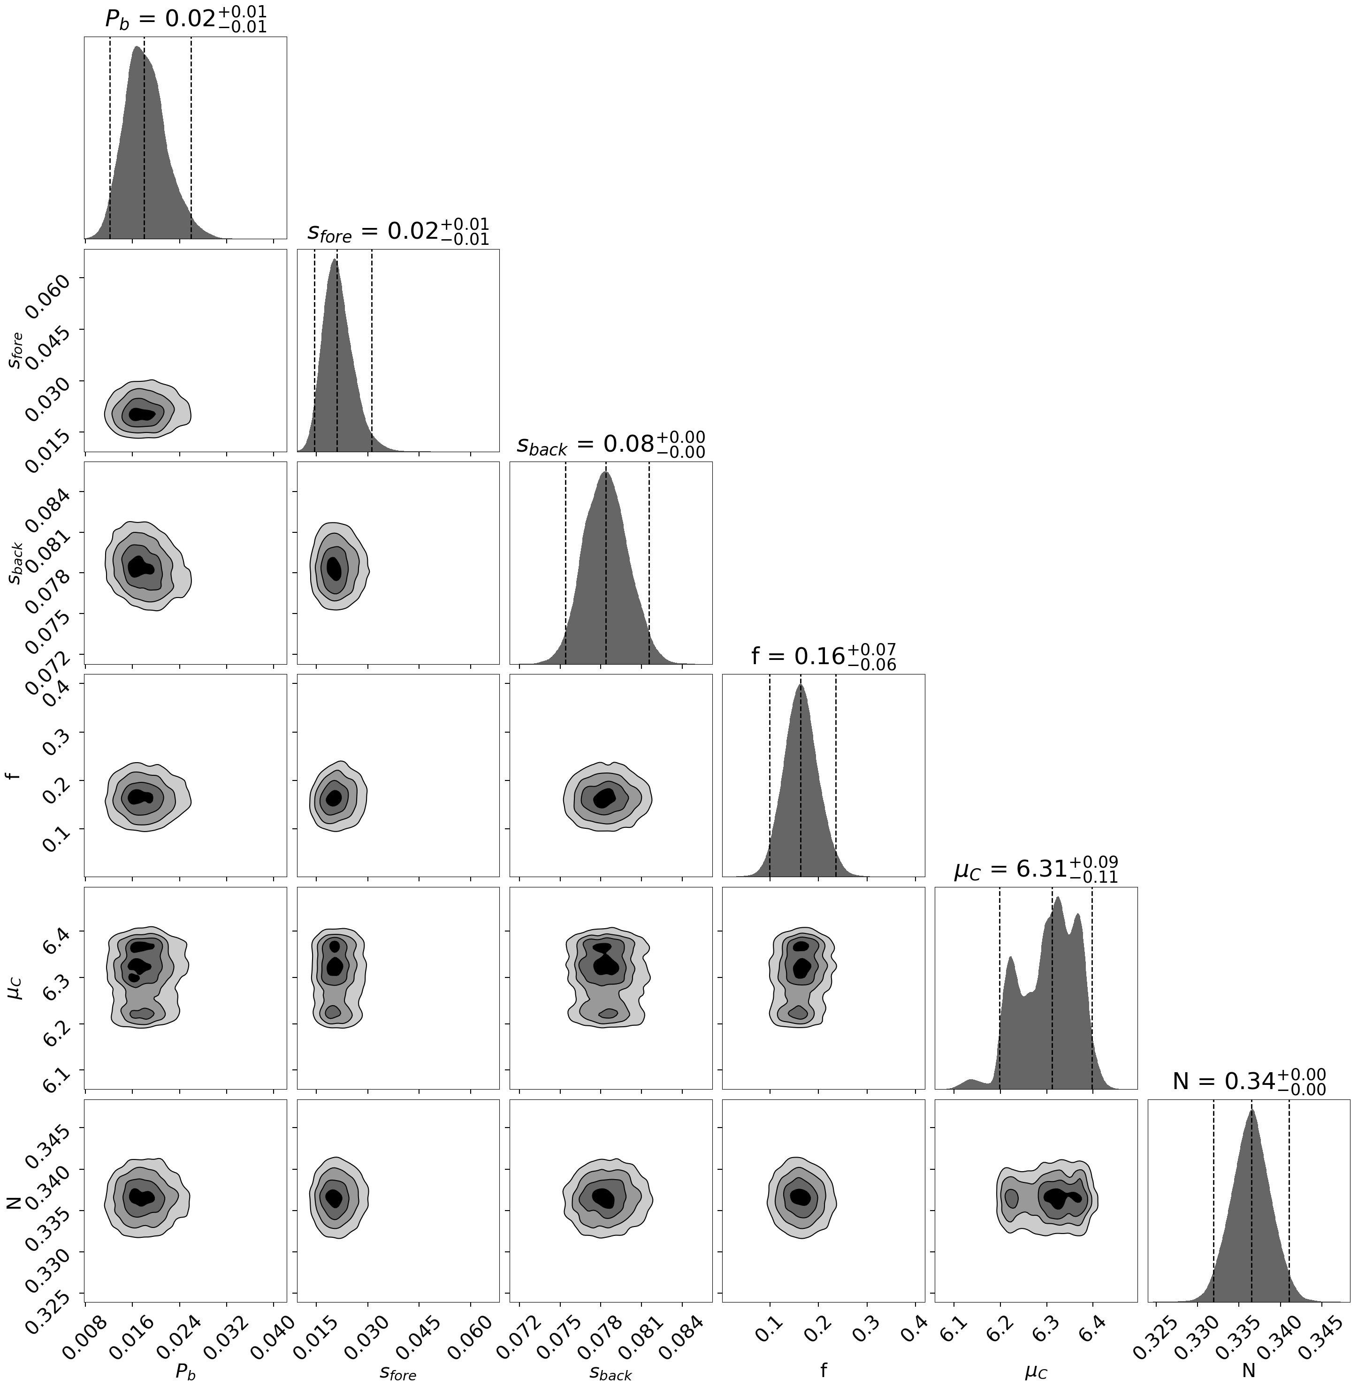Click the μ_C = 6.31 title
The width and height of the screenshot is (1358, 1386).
pos(1036,869)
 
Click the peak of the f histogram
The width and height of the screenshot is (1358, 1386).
pos(800,686)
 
